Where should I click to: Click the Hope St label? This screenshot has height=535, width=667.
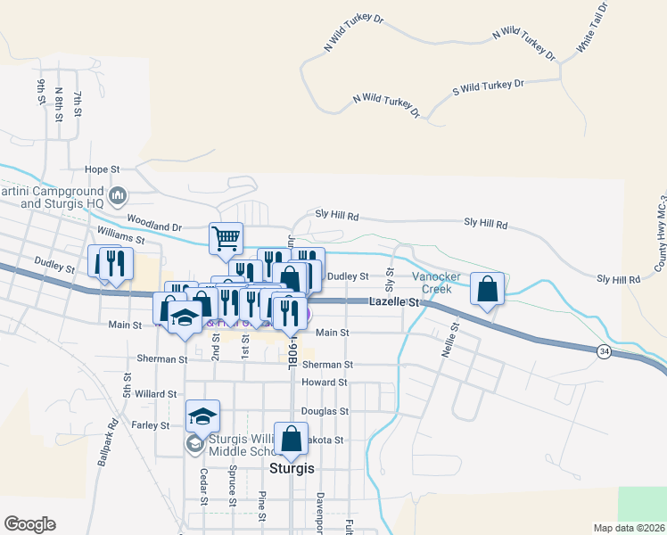(x=102, y=169)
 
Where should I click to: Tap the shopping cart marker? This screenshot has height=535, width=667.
(x=226, y=237)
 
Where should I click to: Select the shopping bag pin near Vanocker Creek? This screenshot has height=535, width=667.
(x=487, y=289)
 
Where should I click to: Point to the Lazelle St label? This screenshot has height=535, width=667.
(x=393, y=303)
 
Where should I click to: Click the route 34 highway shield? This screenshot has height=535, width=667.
(x=605, y=352)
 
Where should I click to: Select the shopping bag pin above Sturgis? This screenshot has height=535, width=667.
(x=291, y=439)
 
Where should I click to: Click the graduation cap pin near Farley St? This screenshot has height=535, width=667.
(x=202, y=416)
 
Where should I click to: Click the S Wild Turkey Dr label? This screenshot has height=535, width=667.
(x=488, y=86)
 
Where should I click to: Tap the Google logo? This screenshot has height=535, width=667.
(x=29, y=524)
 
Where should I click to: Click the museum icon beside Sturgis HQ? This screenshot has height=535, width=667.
(x=118, y=195)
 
